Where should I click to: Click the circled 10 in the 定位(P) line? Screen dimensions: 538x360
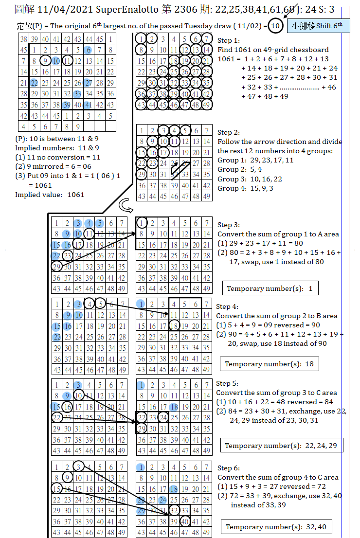[275, 26]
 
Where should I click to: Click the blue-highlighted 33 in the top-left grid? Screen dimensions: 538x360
[78, 93]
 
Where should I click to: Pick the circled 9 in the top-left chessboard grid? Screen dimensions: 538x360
[45, 60]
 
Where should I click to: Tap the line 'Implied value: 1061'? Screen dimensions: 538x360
[50, 195]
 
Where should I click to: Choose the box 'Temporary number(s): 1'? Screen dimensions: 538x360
[270, 288]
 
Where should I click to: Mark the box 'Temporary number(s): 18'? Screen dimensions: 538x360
[269, 364]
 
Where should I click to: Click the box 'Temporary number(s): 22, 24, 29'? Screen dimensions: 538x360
[281, 445]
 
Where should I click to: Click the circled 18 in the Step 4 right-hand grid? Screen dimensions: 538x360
[174, 325]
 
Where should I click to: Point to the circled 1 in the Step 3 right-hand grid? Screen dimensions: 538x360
[142, 223]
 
